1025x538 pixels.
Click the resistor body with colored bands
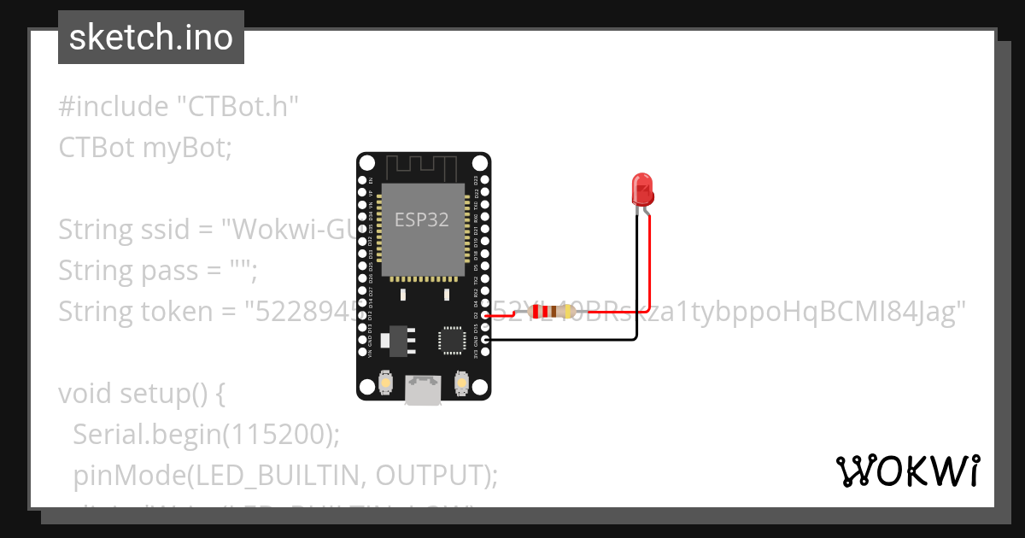click(551, 313)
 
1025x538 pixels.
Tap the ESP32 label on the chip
click(421, 219)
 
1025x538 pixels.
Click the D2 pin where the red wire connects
click(485, 315)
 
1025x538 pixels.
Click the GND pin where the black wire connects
click(485, 340)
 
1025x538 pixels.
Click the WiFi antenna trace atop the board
click(423, 167)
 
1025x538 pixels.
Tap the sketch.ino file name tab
click(151, 38)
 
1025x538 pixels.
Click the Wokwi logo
click(907, 471)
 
